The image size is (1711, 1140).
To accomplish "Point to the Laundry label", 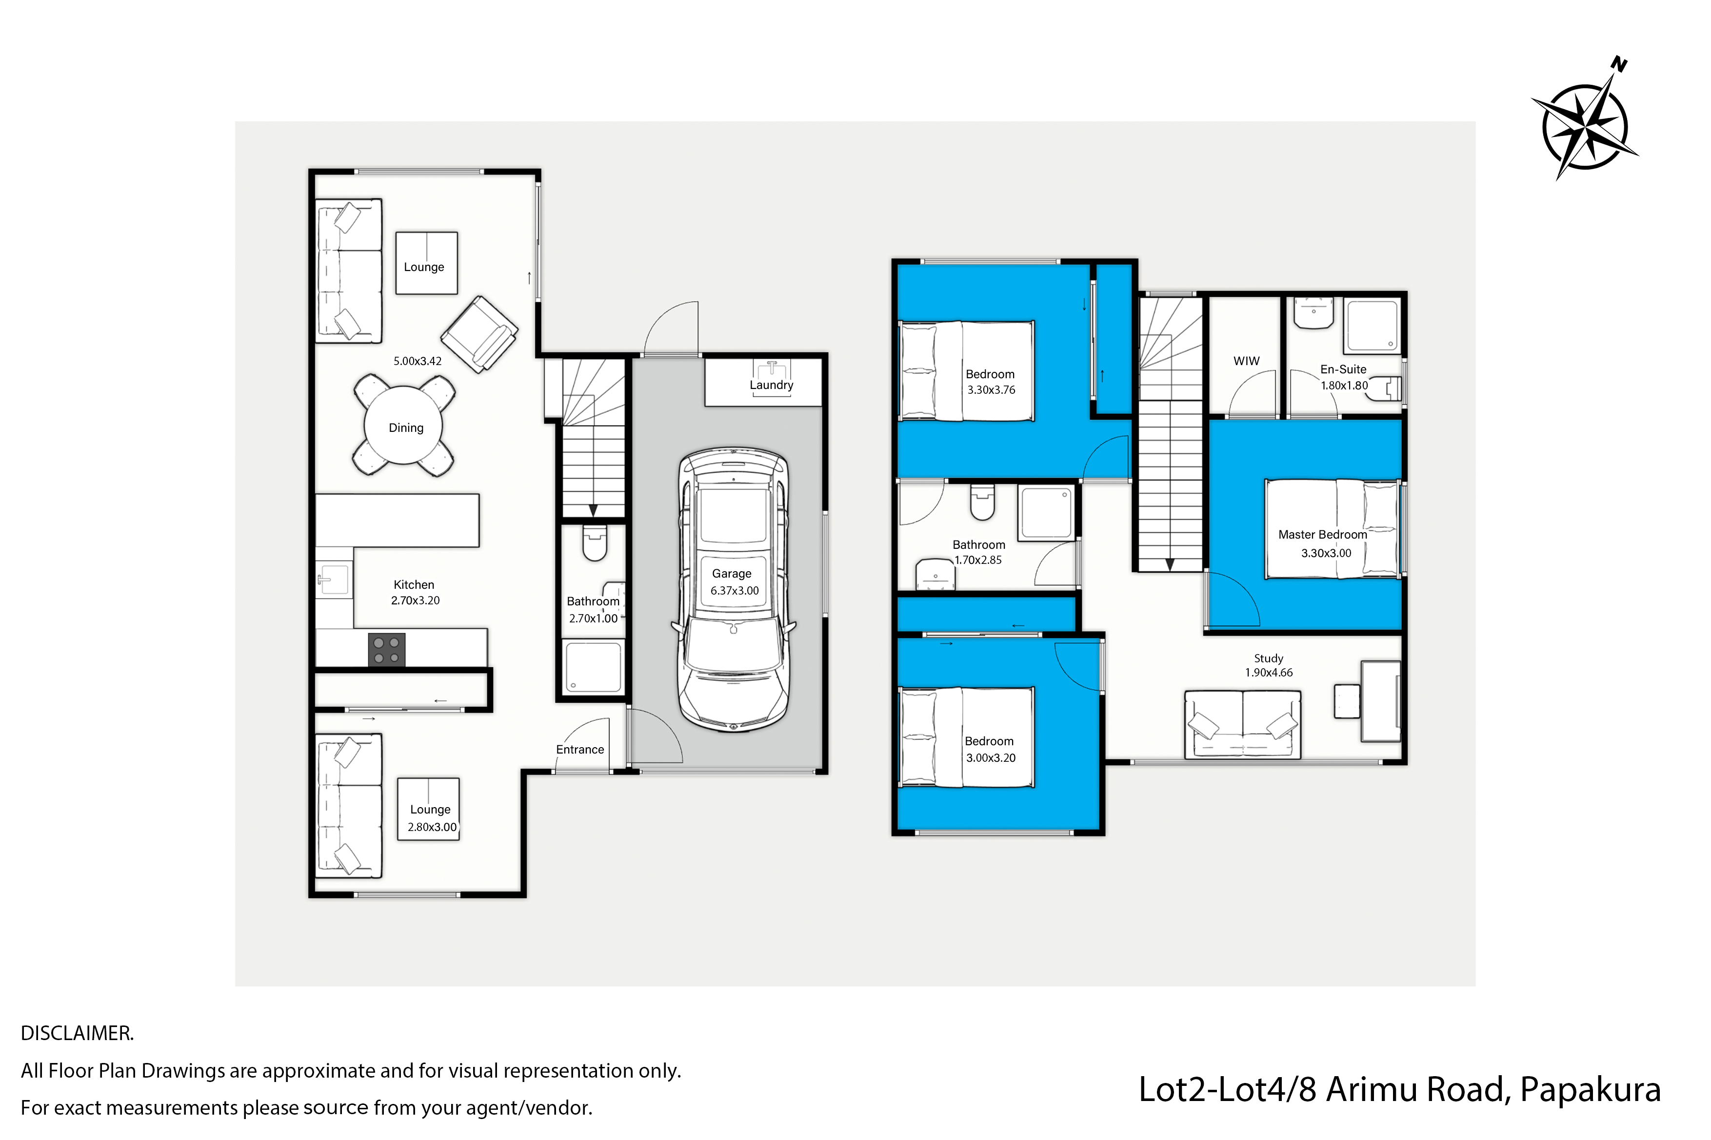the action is pos(771,386).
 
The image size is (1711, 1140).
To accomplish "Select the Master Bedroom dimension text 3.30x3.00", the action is pos(1326,553).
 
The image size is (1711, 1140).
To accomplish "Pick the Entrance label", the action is pos(580,750).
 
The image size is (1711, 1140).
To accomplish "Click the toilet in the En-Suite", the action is pos(1384,388).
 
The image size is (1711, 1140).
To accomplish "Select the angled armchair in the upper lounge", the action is pos(479,334).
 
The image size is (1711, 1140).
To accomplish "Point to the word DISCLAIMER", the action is pos(77,1033).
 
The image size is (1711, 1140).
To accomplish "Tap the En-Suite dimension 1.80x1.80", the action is pos(1344,386).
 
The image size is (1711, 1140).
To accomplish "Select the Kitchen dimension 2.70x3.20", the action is pos(416,600).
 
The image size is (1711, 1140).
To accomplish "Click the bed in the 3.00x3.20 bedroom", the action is pos(967,737).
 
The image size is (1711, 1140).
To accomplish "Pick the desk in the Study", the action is pos(1381,701).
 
